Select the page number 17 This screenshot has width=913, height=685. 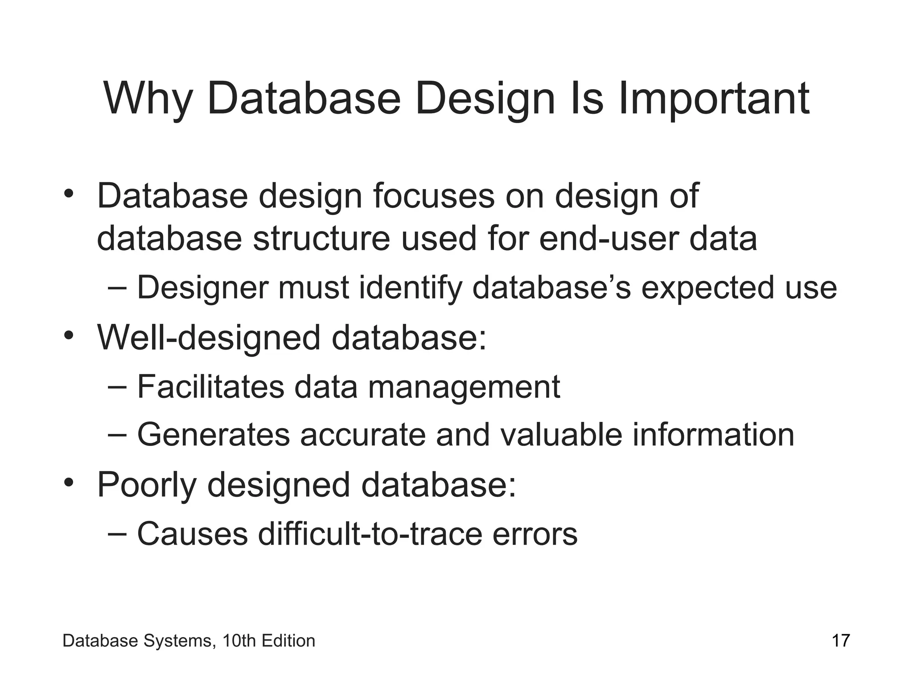[x=841, y=641]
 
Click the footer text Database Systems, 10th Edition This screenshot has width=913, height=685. [x=189, y=641]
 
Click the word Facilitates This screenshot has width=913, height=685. [x=210, y=387]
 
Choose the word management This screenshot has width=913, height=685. [x=464, y=387]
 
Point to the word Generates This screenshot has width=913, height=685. [x=214, y=435]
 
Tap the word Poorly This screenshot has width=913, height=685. [x=147, y=485]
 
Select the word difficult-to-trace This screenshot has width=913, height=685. [x=370, y=534]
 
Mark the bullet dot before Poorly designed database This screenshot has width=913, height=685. [x=68, y=483]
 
